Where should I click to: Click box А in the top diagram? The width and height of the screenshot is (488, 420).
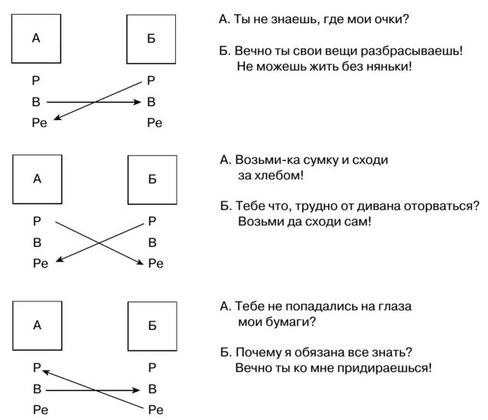36,38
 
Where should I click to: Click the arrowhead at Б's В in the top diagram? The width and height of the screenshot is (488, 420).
138,101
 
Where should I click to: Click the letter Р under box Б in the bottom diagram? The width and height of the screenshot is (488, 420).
151,368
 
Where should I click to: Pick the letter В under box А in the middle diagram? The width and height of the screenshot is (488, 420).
36,242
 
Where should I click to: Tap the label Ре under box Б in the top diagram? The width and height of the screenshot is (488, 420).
154,122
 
